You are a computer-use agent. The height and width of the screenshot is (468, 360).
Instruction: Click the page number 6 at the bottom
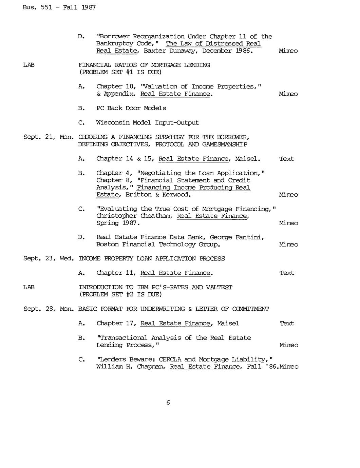click(168, 403)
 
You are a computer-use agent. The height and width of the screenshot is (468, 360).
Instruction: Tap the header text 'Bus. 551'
click(37, 7)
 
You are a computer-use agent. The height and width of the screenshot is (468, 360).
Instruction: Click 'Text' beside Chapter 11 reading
click(287, 273)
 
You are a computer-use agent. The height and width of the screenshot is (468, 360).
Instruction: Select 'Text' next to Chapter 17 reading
click(287, 324)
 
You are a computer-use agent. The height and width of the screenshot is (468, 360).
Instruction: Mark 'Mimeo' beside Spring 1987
click(288, 223)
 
